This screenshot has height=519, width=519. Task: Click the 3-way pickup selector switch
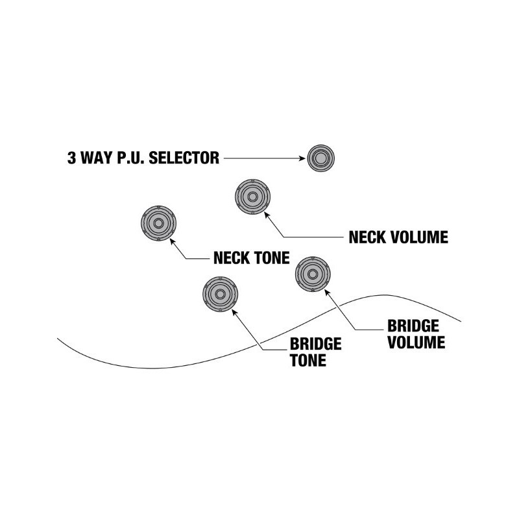coord(319,158)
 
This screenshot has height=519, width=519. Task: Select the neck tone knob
coord(158,224)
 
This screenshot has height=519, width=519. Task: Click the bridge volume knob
coord(313,274)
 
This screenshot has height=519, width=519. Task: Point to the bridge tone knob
coord(221,294)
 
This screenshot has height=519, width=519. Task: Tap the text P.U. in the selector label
coord(130,158)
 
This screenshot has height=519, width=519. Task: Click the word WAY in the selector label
coord(94,158)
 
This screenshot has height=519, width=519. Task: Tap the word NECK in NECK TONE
coord(229,258)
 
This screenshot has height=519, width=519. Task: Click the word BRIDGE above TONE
coord(316,344)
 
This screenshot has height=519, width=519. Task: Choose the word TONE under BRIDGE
coord(308,360)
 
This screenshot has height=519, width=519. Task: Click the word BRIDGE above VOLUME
coord(413,326)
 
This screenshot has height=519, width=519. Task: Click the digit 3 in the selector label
coord(71,158)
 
